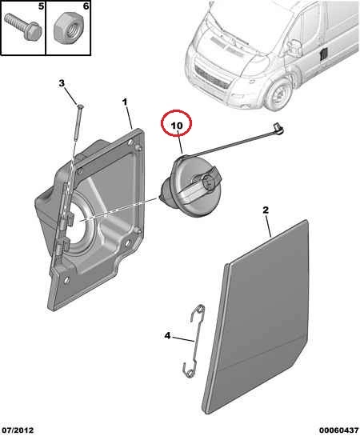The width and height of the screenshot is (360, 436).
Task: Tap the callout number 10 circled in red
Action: [177, 126]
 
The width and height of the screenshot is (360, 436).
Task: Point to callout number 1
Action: [125, 102]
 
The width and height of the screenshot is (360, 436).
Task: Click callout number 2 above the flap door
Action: [266, 210]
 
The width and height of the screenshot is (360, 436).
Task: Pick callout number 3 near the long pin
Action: [62, 83]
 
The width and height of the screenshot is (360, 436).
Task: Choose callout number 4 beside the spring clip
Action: [167, 336]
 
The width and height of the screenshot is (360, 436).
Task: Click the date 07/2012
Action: [18, 430]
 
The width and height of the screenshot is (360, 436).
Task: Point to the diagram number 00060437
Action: [338, 430]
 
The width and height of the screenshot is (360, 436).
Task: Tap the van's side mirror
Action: [295, 46]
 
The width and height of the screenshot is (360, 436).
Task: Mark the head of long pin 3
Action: [80, 106]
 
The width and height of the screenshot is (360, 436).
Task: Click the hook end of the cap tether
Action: [278, 129]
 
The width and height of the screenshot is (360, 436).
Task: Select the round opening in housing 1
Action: [78, 220]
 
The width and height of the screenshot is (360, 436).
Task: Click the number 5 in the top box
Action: [41, 6]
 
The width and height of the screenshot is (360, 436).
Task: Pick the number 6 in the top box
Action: [86, 6]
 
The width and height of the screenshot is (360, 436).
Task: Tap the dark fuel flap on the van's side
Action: [324, 54]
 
